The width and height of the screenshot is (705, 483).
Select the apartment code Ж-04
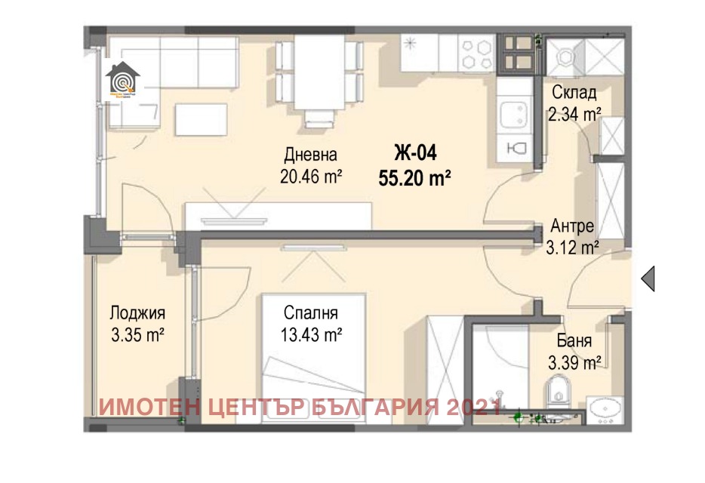coord(414,153)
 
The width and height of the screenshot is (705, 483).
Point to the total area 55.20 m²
coord(414,177)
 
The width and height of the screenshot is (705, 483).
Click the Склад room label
coord(574,93)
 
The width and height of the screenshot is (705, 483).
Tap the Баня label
coord(574,340)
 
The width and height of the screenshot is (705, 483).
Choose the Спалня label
coord(310,312)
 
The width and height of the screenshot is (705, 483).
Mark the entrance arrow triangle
coord(648,278)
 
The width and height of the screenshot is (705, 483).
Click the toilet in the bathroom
coord(556,391)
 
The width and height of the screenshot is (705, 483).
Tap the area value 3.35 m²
coord(137,334)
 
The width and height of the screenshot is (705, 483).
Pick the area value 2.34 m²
coord(574,114)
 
